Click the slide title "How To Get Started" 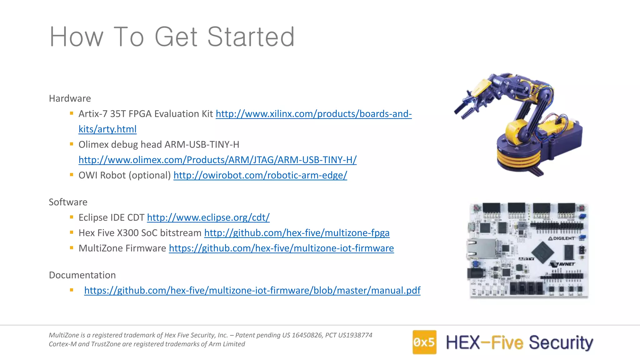pyautogui.click(x=172, y=37)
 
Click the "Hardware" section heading pyautogui.click(x=70, y=98)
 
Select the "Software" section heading pyautogui.click(x=68, y=202)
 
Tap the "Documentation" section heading pyautogui.click(x=82, y=275)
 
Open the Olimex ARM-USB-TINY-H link pyautogui.click(x=217, y=160)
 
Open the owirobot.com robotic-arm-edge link pyautogui.click(x=260, y=175)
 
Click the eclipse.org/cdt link pyautogui.click(x=208, y=217)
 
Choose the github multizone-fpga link pyautogui.click(x=297, y=233)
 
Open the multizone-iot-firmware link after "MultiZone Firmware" pyautogui.click(x=281, y=248)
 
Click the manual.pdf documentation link pyautogui.click(x=252, y=290)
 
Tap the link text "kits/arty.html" pyautogui.click(x=107, y=129)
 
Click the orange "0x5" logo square pyautogui.click(x=424, y=342)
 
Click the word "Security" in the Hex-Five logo pyautogui.click(x=561, y=343)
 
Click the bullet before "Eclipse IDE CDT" pyautogui.click(x=72, y=217)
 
